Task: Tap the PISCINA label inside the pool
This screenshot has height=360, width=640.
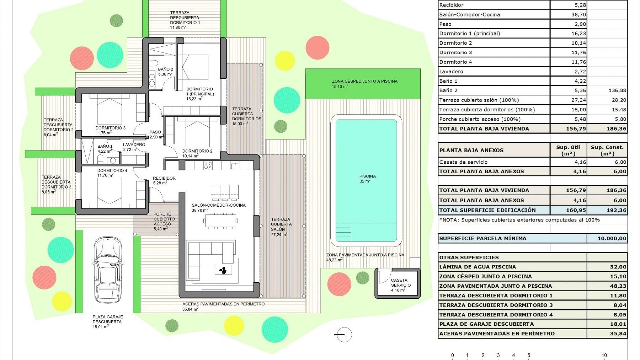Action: pyautogui.click(x=367, y=176)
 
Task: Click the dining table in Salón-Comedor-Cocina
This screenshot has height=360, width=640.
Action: pyautogui.click(x=221, y=221)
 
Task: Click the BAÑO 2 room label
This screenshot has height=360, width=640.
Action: pyautogui.click(x=165, y=70)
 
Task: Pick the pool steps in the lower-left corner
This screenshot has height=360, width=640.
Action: pyautogui.click(x=343, y=232)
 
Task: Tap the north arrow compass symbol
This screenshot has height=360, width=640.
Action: pyautogui.click(x=343, y=334)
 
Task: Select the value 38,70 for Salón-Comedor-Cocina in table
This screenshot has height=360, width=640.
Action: pyautogui.click(x=578, y=15)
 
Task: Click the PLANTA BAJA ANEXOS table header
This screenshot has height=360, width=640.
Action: pyautogui.click(x=471, y=150)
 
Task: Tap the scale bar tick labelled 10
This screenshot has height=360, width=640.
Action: pyautogui.click(x=604, y=355)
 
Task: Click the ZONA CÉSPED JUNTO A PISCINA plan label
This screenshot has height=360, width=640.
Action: pyautogui.click(x=364, y=81)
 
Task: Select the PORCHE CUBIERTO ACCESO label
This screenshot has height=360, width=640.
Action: pyautogui.click(x=162, y=219)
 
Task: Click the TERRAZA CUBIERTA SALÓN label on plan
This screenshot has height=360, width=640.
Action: pyautogui.click(x=281, y=224)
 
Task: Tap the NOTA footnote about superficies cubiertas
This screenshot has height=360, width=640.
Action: pyautogui.click(x=519, y=220)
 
